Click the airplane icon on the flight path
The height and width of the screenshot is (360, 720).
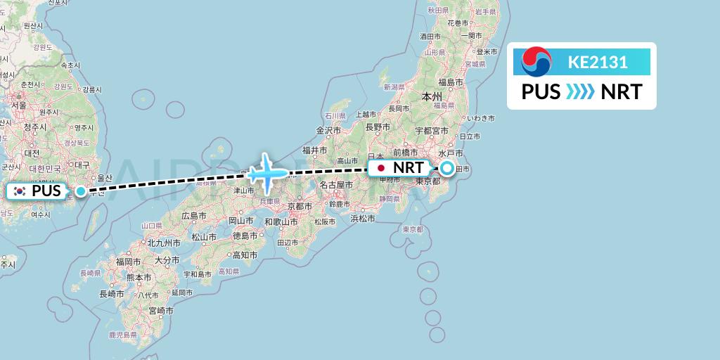tap(267, 172)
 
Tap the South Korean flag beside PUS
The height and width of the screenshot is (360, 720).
tap(19, 191)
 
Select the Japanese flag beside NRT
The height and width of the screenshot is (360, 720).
tap(381, 168)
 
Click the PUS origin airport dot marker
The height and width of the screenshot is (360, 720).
tap(82, 191)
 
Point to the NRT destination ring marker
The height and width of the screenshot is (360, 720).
tap(446, 168)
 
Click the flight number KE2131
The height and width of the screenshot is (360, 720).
tap(598, 62)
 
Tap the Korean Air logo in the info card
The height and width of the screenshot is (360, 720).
tap(536, 62)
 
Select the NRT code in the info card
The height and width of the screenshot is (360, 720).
tap(621, 92)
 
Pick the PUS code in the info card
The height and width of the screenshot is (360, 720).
tap(541, 92)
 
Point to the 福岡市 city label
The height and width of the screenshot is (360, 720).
tap(129, 261)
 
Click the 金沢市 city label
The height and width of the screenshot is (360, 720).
tap(328, 130)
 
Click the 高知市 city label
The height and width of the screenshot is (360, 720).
tap(245, 255)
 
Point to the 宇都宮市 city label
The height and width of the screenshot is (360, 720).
tap(430, 131)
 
